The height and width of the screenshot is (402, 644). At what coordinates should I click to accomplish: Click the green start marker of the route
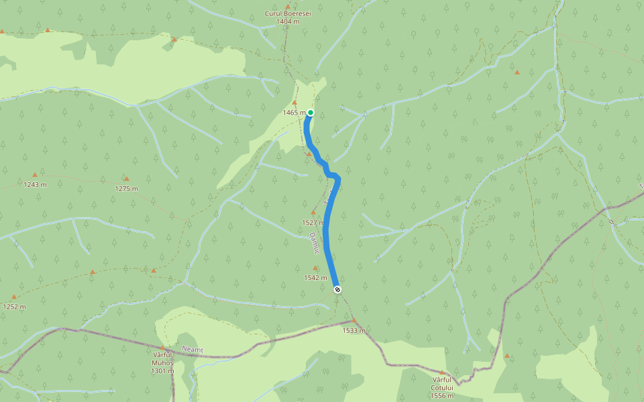tap(311, 113)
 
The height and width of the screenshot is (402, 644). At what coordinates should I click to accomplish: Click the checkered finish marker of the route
tap(337, 289)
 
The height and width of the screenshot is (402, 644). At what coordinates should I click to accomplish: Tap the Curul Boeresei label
tap(288, 13)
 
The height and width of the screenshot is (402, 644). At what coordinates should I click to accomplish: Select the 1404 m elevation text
tap(288, 21)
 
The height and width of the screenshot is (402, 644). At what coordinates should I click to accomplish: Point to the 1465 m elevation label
tap(294, 113)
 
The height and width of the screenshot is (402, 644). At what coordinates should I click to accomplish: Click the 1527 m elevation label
tap(313, 222)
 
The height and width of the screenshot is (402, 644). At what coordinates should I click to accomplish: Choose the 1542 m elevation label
tap(315, 277)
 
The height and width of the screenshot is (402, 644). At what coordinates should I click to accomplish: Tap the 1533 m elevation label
tap(354, 330)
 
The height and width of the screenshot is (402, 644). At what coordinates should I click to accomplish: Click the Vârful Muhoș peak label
tap(162, 362)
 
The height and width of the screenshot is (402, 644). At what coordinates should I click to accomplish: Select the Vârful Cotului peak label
tap(443, 388)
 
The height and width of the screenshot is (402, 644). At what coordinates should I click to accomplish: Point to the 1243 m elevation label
tap(35, 184)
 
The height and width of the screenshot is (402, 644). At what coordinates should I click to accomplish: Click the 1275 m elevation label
tap(126, 188)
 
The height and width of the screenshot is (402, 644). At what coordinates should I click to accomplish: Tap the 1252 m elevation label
tap(14, 306)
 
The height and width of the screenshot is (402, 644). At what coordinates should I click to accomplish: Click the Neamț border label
tap(192, 350)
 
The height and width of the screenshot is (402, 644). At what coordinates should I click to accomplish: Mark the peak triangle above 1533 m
tap(354, 321)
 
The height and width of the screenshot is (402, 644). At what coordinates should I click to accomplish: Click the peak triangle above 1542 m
tap(315, 268)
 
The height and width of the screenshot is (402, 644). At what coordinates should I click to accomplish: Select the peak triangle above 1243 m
tap(35, 175)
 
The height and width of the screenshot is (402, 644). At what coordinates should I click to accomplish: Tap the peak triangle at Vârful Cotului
tap(442, 373)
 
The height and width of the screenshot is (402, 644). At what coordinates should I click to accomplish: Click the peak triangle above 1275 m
tap(126, 179)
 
